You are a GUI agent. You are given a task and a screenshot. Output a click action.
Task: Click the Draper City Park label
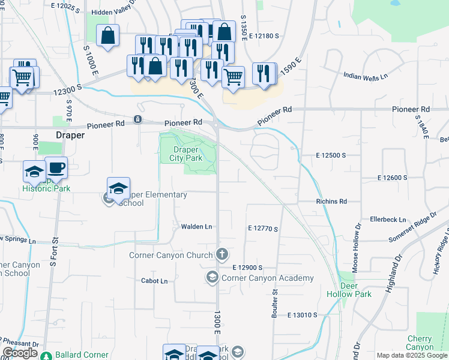pos(187,154)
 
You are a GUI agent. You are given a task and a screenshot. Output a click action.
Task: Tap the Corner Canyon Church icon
pos(222,254)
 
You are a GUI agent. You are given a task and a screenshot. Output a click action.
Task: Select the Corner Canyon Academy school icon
pos(212,277)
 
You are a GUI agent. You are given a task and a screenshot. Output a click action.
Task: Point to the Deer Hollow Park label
pos(349,290)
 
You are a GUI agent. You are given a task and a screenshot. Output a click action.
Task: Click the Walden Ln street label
pos(197,226)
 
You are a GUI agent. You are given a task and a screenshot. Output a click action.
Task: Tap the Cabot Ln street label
pos(154,281)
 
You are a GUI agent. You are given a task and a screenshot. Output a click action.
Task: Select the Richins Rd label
pos(332,202)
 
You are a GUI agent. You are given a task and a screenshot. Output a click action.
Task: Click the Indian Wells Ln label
pos(366,76)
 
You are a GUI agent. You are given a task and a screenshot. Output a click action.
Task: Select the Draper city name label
pos(70,136)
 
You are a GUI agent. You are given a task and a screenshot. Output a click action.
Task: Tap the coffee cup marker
pos(56,168)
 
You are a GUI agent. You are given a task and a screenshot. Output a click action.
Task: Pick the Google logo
pos(20,353)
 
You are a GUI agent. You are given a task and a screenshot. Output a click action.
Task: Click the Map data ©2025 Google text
pos(412,355)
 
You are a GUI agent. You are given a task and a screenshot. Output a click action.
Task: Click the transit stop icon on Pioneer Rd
pos(138,119)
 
